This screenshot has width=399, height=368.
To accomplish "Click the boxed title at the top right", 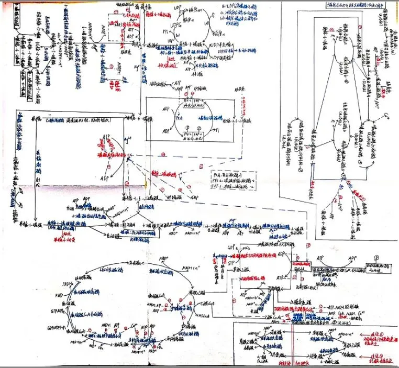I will tap(340, 5).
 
